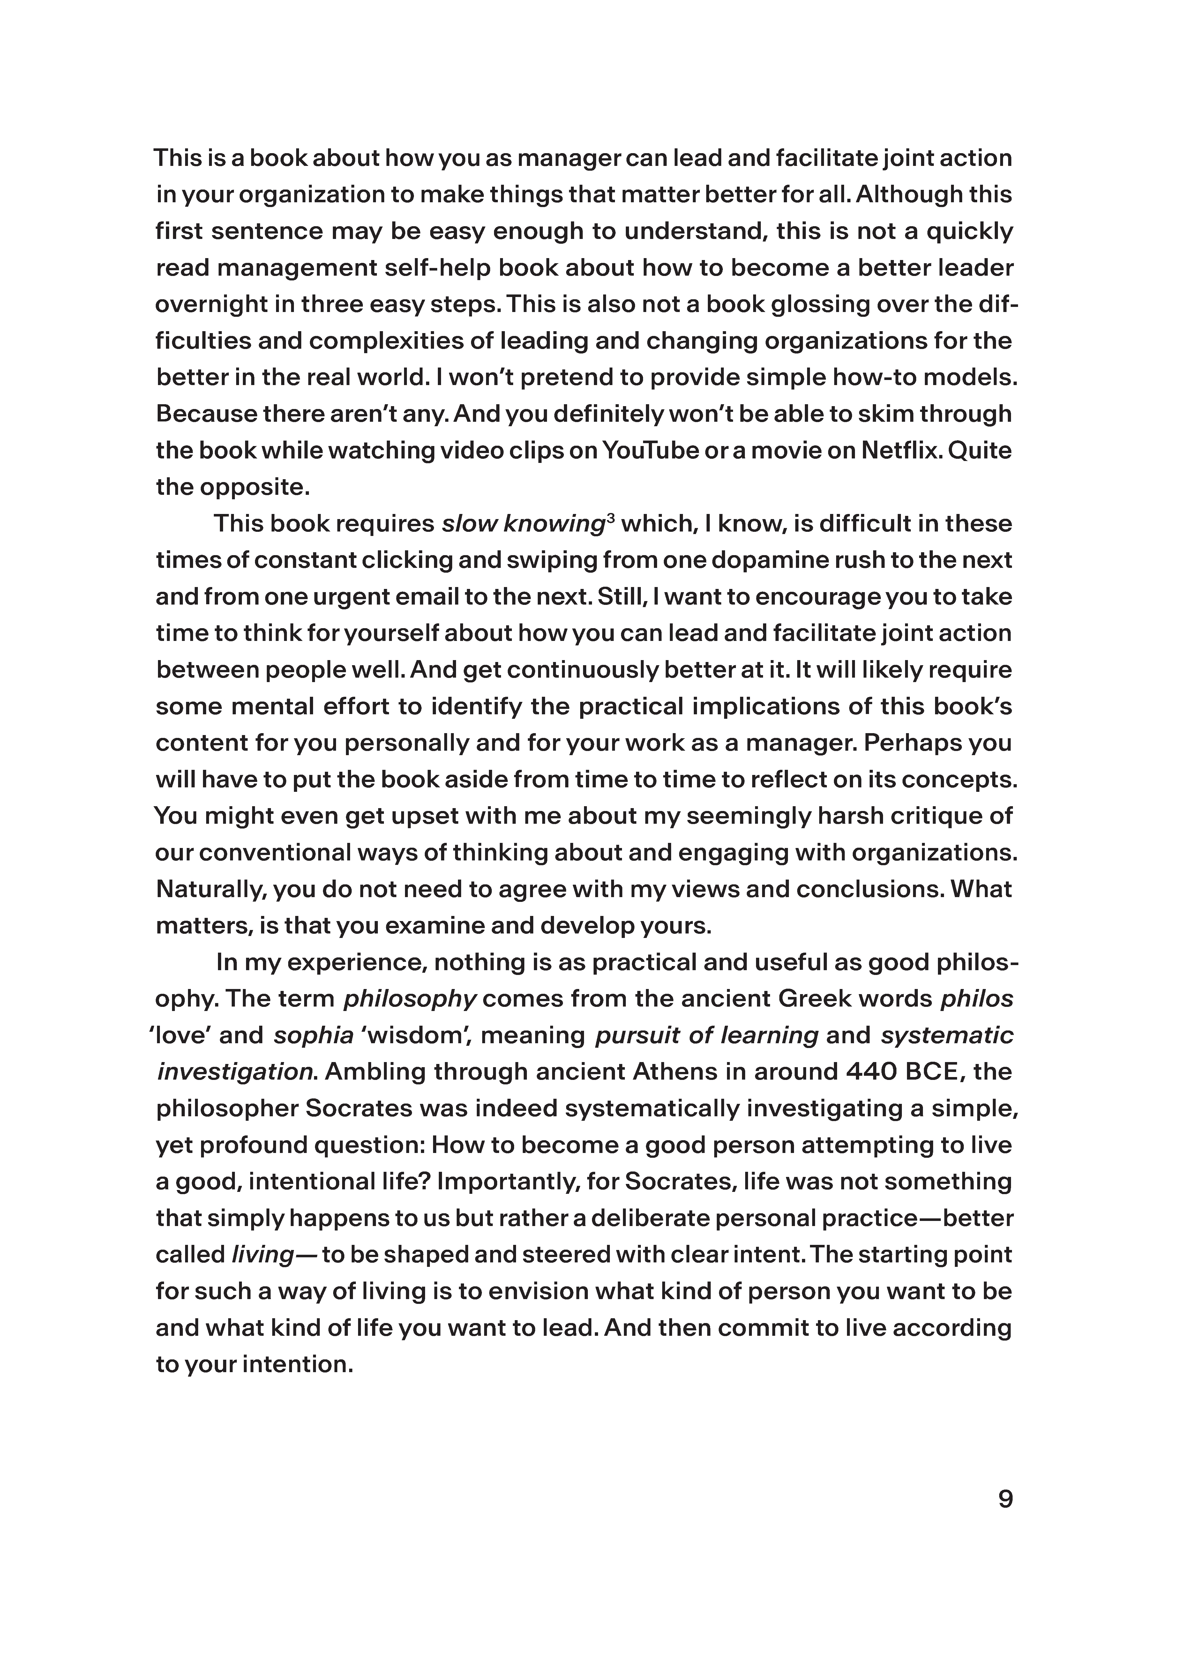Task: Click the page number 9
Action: [1005, 1499]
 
